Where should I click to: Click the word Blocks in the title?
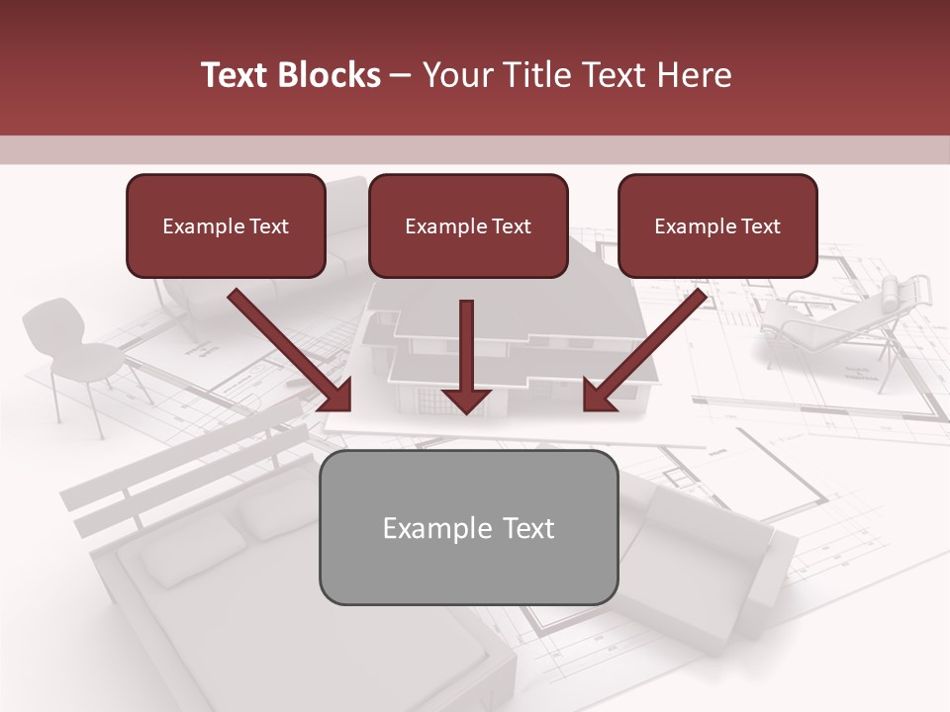tap(331, 75)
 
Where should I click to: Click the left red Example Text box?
tap(226, 225)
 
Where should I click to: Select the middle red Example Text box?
tap(468, 225)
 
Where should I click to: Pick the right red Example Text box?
tap(717, 225)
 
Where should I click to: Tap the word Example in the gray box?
tap(429, 528)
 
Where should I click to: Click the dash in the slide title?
tap(401, 75)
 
